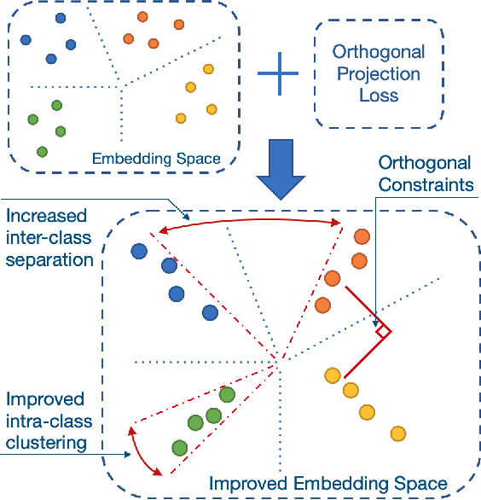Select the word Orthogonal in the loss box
pos(379,53)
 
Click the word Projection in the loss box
pos(379,73)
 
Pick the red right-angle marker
pos(383,330)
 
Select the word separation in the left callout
pos(49,258)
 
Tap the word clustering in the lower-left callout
pos(48,441)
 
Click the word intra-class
pos(49,422)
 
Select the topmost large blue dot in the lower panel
pos(139,251)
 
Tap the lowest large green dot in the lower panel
pos(179,447)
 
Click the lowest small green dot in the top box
pos(42,151)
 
